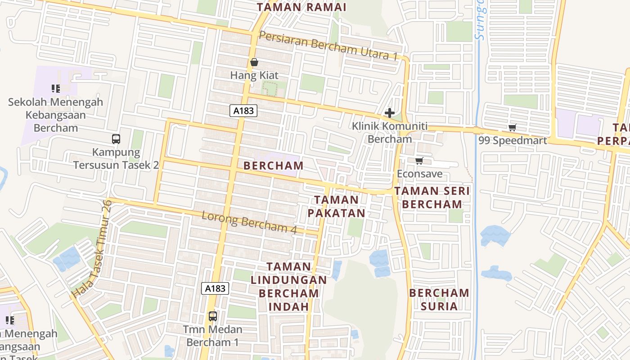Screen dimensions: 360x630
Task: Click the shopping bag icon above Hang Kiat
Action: (254, 62)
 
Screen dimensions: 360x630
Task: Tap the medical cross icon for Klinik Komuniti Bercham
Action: (390, 113)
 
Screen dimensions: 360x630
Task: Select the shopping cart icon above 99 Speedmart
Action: (512, 128)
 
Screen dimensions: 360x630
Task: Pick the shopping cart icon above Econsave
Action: (419, 161)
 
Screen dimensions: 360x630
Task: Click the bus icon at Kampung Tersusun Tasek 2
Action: (116, 139)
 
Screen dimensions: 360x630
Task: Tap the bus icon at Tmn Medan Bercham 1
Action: (213, 316)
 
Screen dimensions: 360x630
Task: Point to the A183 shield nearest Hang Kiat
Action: (243, 111)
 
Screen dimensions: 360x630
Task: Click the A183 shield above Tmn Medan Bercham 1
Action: (215, 288)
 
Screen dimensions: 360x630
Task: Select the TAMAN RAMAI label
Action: (301, 7)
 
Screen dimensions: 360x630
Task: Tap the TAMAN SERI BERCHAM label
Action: (432, 198)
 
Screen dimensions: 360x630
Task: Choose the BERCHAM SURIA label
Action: (439, 300)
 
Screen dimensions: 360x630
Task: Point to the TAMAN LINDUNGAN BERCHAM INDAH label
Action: (288, 287)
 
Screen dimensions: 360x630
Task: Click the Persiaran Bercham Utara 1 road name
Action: (328, 46)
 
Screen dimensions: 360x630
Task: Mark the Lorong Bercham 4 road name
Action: (249, 223)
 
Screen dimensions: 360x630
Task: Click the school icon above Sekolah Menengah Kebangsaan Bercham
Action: (55, 88)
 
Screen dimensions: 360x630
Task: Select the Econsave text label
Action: (419, 174)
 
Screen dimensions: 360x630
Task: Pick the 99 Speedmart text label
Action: (513, 140)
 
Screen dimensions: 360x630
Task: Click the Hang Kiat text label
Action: (254, 75)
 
